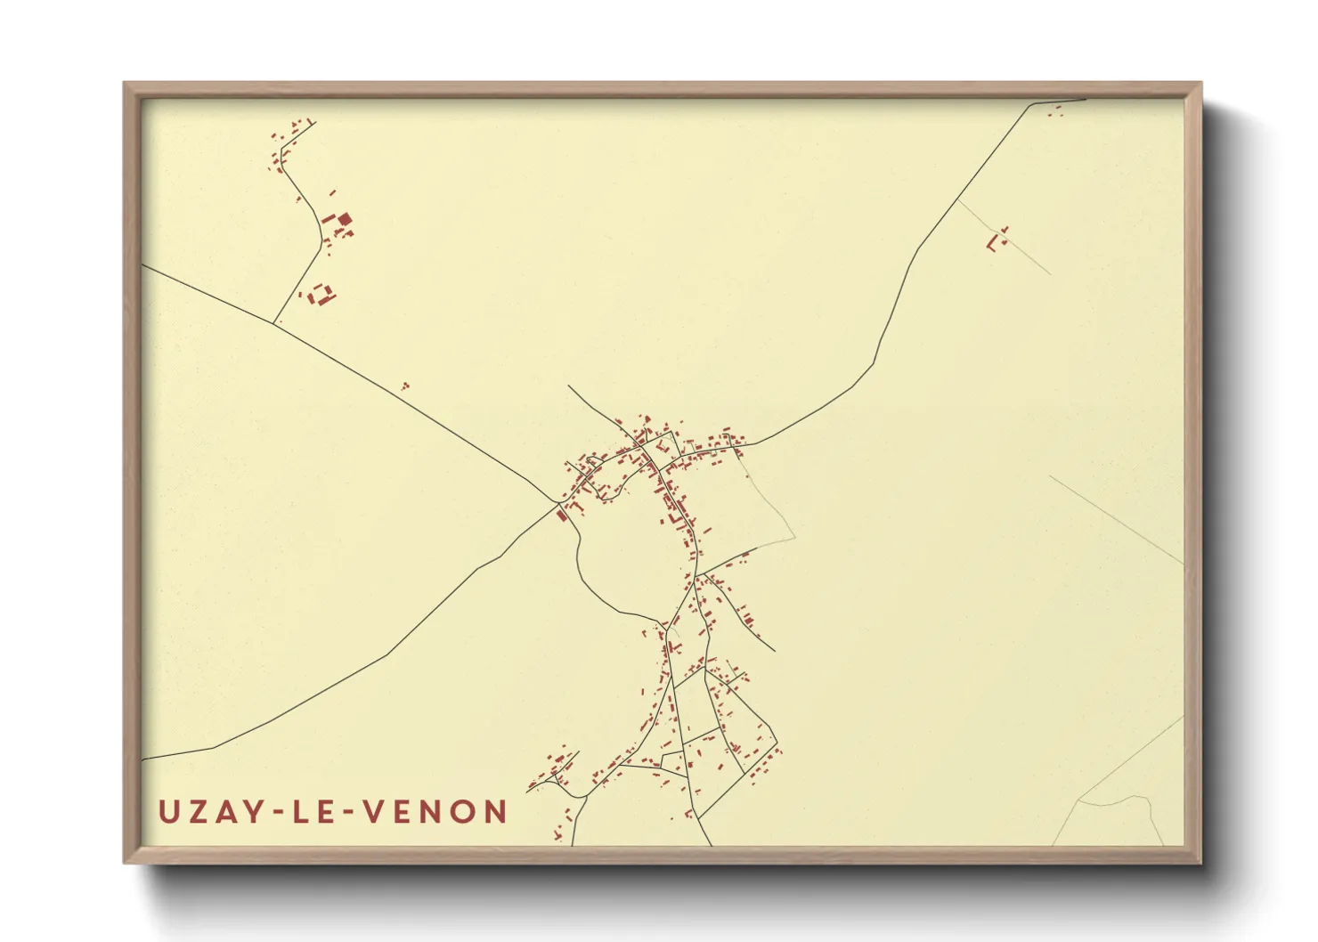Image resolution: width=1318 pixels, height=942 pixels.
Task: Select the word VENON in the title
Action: point(435,812)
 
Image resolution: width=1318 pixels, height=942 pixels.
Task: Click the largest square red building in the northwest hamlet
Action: point(344,219)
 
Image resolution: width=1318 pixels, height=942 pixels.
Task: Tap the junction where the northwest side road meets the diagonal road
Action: point(273,322)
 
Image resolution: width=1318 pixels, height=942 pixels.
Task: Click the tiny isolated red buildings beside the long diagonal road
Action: point(405,386)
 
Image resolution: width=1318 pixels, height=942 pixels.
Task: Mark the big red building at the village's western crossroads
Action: point(561,514)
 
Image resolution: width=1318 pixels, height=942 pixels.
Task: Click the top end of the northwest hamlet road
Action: point(314,123)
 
